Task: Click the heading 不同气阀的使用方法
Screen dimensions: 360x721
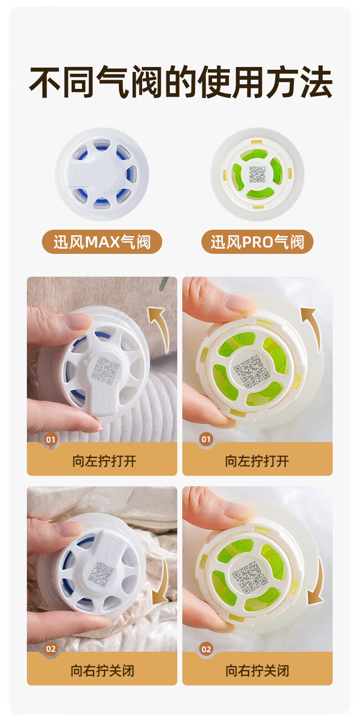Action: click(180, 82)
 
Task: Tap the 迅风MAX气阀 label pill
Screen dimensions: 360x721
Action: click(102, 242)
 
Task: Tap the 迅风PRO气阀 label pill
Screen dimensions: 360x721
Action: click(257, 242)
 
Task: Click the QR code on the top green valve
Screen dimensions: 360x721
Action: click(257, 174)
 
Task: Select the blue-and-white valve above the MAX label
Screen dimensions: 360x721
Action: click(102, 174)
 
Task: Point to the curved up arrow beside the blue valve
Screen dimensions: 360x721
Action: click(161, 328)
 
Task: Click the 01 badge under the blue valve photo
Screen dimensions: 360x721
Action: click(51, 440)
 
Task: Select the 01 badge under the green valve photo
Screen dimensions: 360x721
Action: click(206, 440)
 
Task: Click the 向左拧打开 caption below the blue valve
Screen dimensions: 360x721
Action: click(104, 461)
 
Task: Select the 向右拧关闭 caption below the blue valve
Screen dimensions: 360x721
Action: click(103, 671)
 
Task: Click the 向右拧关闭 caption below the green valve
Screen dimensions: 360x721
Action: click(257, 671)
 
